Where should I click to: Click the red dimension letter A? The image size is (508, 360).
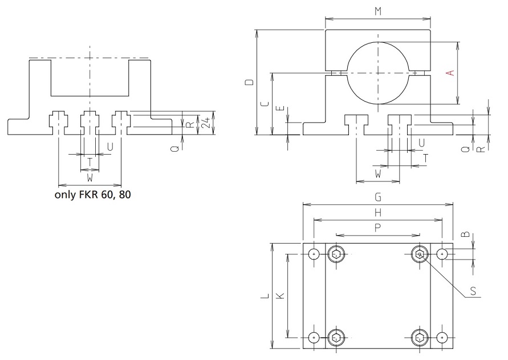click(449, 73)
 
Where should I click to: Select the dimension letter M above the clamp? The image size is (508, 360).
click(378, 11)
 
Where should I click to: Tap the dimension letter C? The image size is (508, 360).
click(263, 104)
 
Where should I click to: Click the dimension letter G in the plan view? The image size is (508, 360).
click(377, 197)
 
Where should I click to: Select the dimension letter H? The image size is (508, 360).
click(377, 212)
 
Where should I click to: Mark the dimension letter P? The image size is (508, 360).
click(377, 227)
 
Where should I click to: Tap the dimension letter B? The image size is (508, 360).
click(465, 234)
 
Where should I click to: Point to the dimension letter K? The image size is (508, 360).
click(279, 295)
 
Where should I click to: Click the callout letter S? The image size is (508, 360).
click(473, 291)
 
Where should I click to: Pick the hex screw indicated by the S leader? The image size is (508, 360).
click(420, 254)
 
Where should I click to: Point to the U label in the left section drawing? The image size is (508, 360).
click(110, 147)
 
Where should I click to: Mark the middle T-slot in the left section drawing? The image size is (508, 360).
click(90, 122)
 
